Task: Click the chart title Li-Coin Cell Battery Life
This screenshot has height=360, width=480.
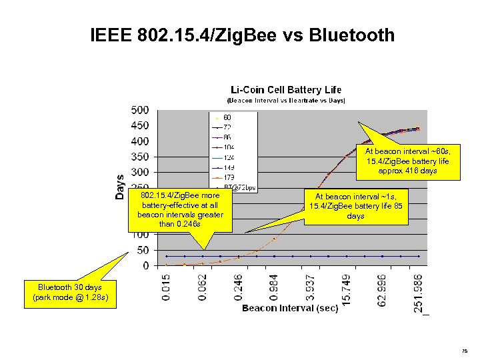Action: point(286,89)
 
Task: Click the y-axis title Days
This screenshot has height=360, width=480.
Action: point(120,186)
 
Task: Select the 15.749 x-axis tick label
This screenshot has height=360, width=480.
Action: point(346,286)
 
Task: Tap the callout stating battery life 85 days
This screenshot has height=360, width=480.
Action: point(355,206)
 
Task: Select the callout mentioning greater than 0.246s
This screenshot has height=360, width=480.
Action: point(180,210)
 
